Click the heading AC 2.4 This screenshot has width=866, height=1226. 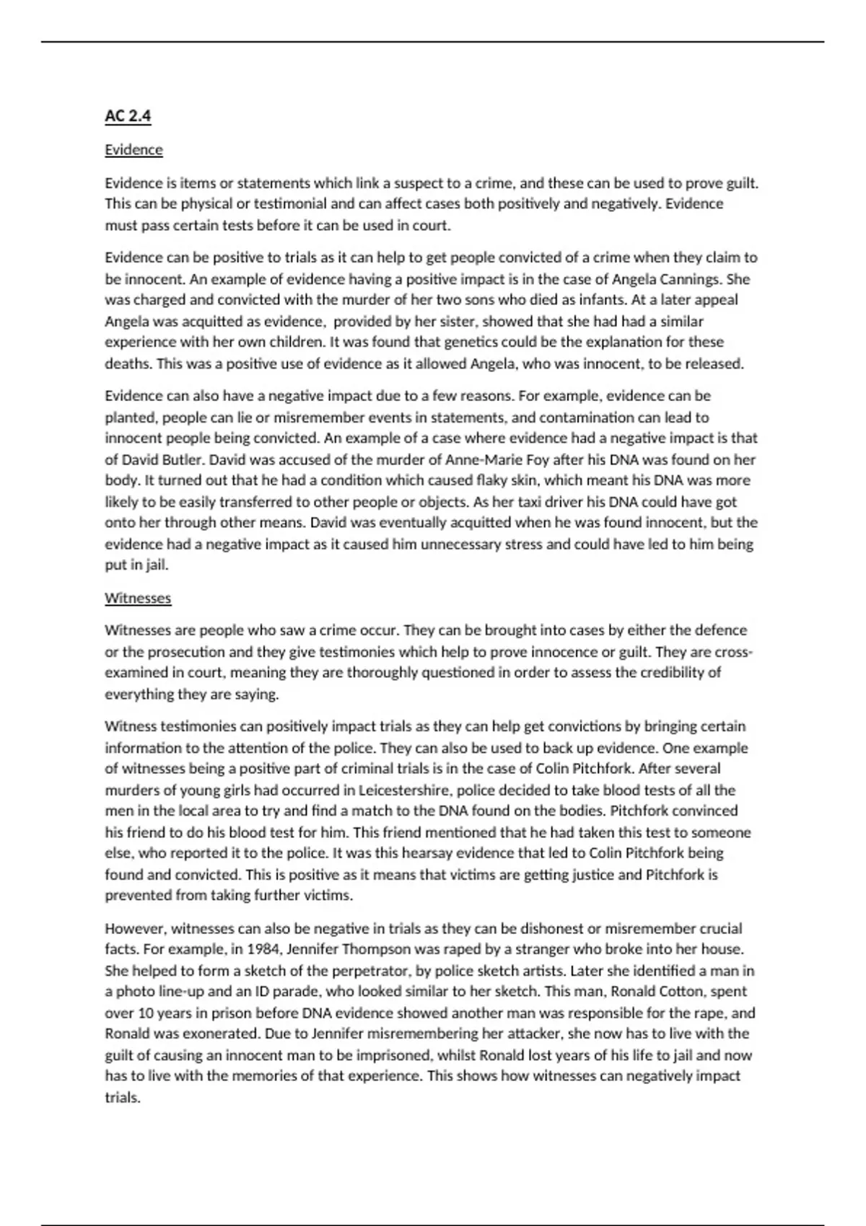(128, 116)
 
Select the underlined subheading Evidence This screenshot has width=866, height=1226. (134, 150)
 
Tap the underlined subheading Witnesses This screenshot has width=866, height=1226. (138, 598)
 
